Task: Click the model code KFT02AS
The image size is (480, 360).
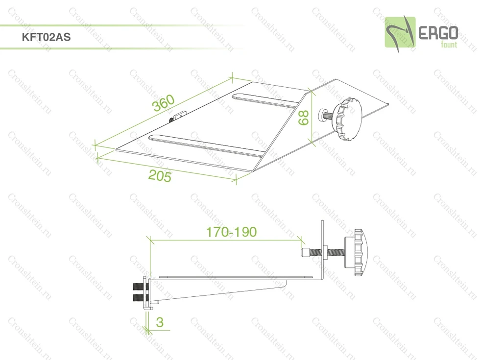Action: pos(46,37)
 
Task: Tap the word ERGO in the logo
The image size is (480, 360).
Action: pos(438,33)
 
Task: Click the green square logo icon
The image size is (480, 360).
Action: pos(400,32)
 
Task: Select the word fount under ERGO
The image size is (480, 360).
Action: pos(449,45)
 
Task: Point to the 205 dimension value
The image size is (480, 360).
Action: pos(160,176)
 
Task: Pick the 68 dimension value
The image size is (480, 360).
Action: pos(303,118)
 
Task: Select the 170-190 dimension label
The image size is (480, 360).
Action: pos(231,232)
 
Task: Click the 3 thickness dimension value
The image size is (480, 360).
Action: pos(160,322)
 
